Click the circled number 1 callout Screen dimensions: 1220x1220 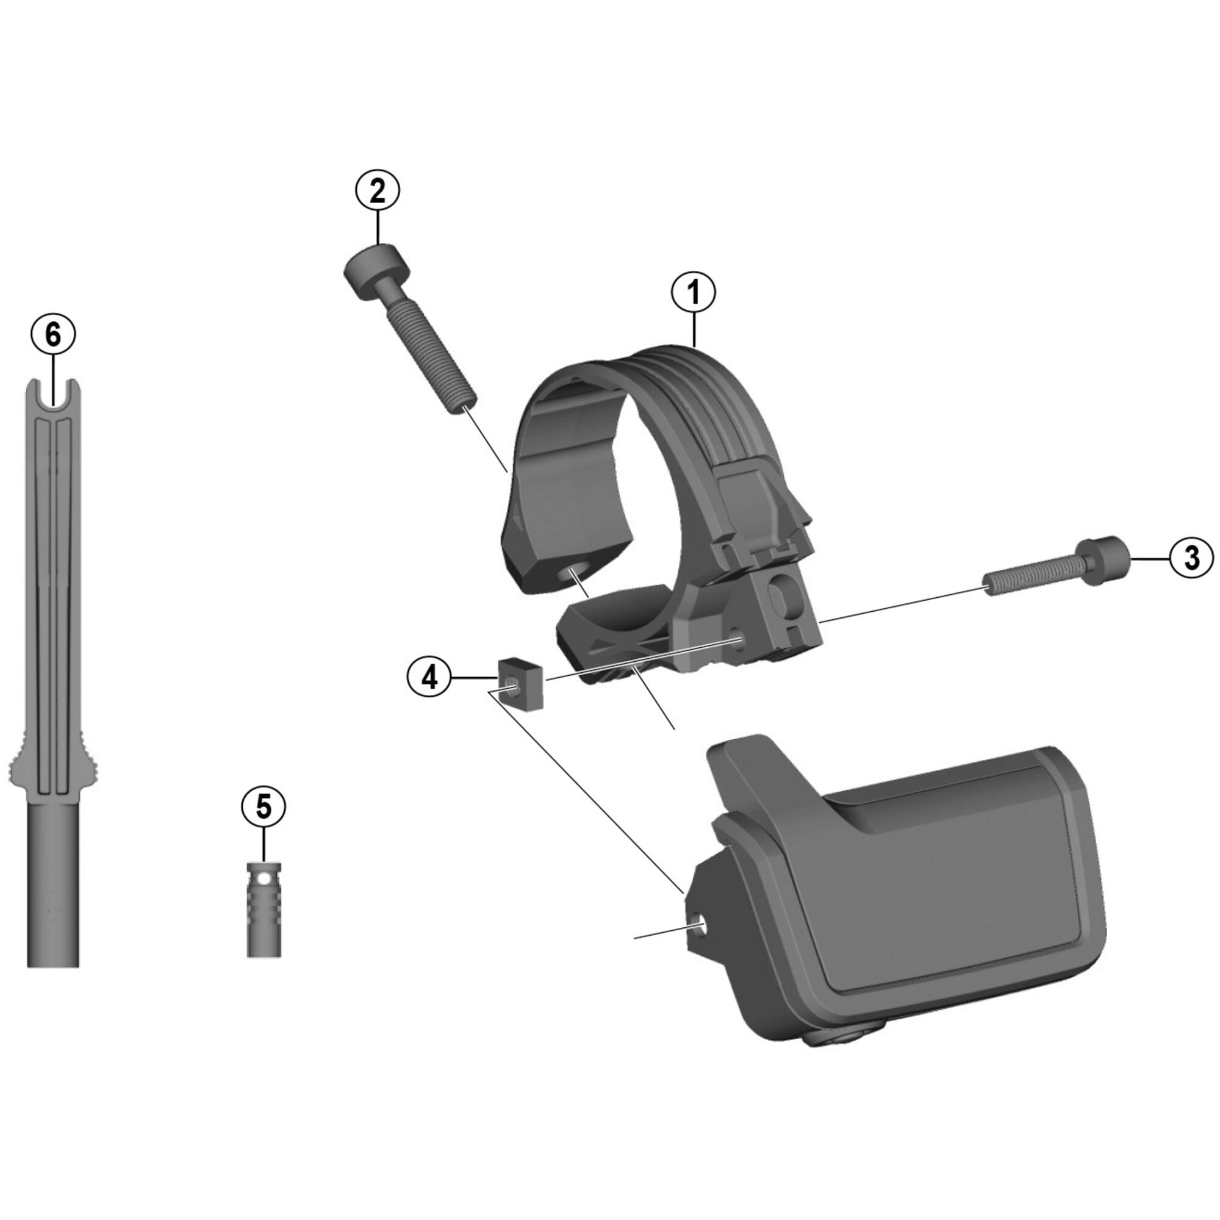694,292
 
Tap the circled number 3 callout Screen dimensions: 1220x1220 1191,559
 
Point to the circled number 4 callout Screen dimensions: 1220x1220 429,678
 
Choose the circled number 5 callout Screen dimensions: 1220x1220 264,807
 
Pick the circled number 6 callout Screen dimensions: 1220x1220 53,335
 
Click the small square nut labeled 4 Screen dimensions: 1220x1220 521,683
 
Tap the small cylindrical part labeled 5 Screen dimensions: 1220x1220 264,910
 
